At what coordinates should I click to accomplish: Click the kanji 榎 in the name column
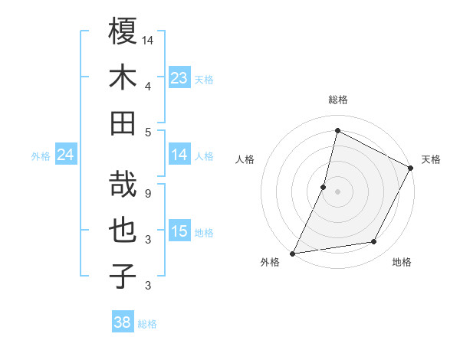(x=123, y=31)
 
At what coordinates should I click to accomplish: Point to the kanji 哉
(x=123, y=184)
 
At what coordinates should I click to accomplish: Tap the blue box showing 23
(x=179, y=77)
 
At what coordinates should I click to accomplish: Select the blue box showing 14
(x=179, y=155)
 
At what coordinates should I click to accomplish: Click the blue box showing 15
(x=179, y=231)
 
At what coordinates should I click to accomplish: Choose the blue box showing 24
(x=66, y=155)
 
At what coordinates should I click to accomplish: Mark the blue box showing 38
(x=123, y=322)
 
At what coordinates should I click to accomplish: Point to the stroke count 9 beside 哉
(x=148, y=193)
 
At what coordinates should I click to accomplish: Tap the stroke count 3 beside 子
(x=148, y=286)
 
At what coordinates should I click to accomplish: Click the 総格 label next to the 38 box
(x=147, y=324)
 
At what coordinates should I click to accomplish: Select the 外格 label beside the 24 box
(x=41, y=156)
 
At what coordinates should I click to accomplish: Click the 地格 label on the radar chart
(x=402, y=263)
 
